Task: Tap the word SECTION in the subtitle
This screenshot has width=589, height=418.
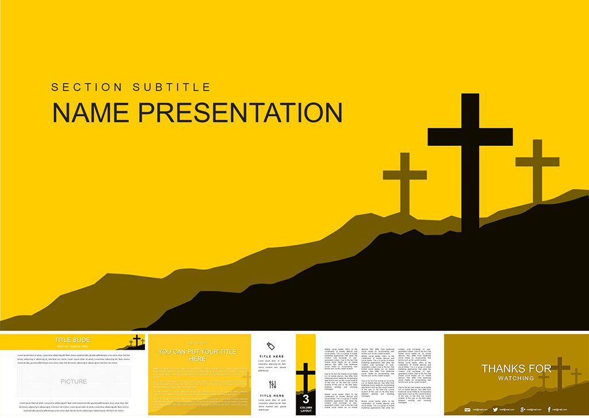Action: [x=86, y=87]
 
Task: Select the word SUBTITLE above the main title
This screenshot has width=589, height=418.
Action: [x=172, y=87]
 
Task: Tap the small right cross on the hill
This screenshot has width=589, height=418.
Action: [x=537, y=167]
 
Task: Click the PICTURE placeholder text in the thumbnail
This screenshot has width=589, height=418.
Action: [x=74, y=381]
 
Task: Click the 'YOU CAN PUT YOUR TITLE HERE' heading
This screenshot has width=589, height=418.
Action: [x=197, y=355]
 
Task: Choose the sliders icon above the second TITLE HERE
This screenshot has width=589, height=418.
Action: [x=272, y=385]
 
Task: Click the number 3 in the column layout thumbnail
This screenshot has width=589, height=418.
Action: [x=305, y=398]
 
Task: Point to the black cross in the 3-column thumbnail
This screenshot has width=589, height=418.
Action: [x=305, y=376]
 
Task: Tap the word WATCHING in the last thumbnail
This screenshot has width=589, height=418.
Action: [x=516, y=378]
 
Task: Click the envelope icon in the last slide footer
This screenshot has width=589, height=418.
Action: [x=467, y=409]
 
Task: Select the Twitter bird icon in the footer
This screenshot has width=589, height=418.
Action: [x=495, y=409]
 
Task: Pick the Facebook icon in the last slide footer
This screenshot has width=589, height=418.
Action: [x=549, y=409]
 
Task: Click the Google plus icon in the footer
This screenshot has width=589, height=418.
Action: [x=522, y=409]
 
